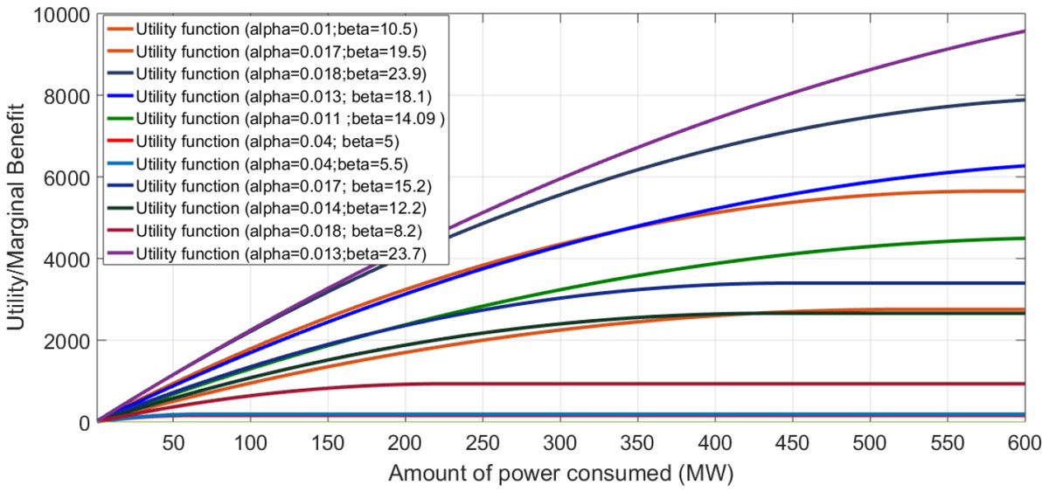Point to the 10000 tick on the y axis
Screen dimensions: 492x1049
point(62,15)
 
